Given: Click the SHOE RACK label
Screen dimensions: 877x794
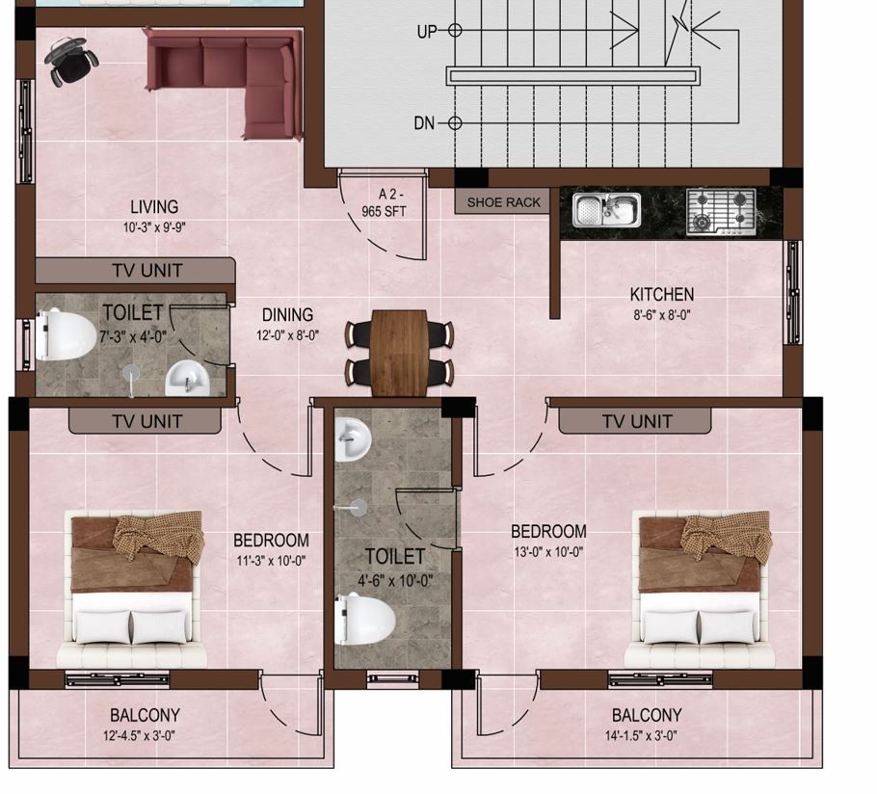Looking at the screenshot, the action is (x=503, y=202).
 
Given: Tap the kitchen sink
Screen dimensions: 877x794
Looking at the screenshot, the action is (x=607, y=210).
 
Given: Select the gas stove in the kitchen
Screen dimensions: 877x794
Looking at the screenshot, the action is (x=722, y=211).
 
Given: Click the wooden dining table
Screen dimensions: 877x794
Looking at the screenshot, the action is (x=399, y=353).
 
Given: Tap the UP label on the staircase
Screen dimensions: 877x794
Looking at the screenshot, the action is (x=427, y=31).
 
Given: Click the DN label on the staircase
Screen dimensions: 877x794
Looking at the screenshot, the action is (x=424, y=123).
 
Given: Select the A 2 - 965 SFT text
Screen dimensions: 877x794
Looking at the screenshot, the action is (x=384, y=202).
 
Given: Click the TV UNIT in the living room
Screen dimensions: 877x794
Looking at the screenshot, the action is (x=147, y=271).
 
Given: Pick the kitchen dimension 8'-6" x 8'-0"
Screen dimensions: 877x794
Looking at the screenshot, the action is (x=662, y=315).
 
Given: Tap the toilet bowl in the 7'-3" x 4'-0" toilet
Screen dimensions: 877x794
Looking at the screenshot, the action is (x=65, y=334).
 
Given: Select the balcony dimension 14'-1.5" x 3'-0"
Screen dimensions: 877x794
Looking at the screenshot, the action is (x=641, y=736).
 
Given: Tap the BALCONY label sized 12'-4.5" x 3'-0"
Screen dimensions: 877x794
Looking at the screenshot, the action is (x=145, y=715).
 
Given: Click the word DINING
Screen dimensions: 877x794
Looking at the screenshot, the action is (x=287, y=315).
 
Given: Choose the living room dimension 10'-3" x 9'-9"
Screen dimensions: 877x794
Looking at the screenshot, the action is (x=154, y=227).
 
